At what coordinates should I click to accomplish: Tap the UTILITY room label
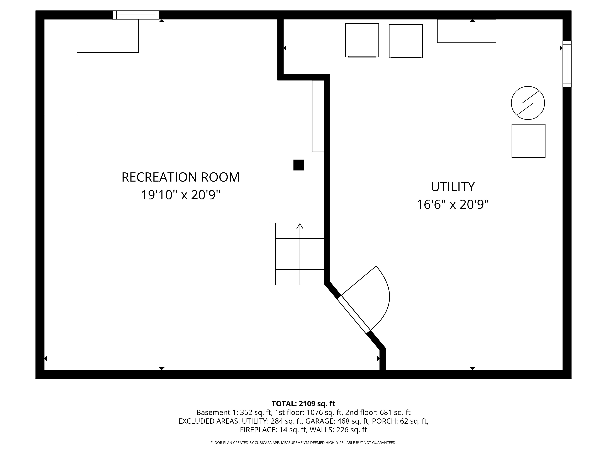coord(453,187)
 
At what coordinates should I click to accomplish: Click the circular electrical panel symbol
coord(528,103)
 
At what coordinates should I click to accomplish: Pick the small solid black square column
coord(298,165)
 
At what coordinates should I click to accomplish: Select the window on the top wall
coord(136,15)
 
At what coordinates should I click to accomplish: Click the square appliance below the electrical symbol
coord(528,141)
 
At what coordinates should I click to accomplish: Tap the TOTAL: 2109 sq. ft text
coord(303,404)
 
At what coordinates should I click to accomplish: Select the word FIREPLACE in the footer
coord(258,430)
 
